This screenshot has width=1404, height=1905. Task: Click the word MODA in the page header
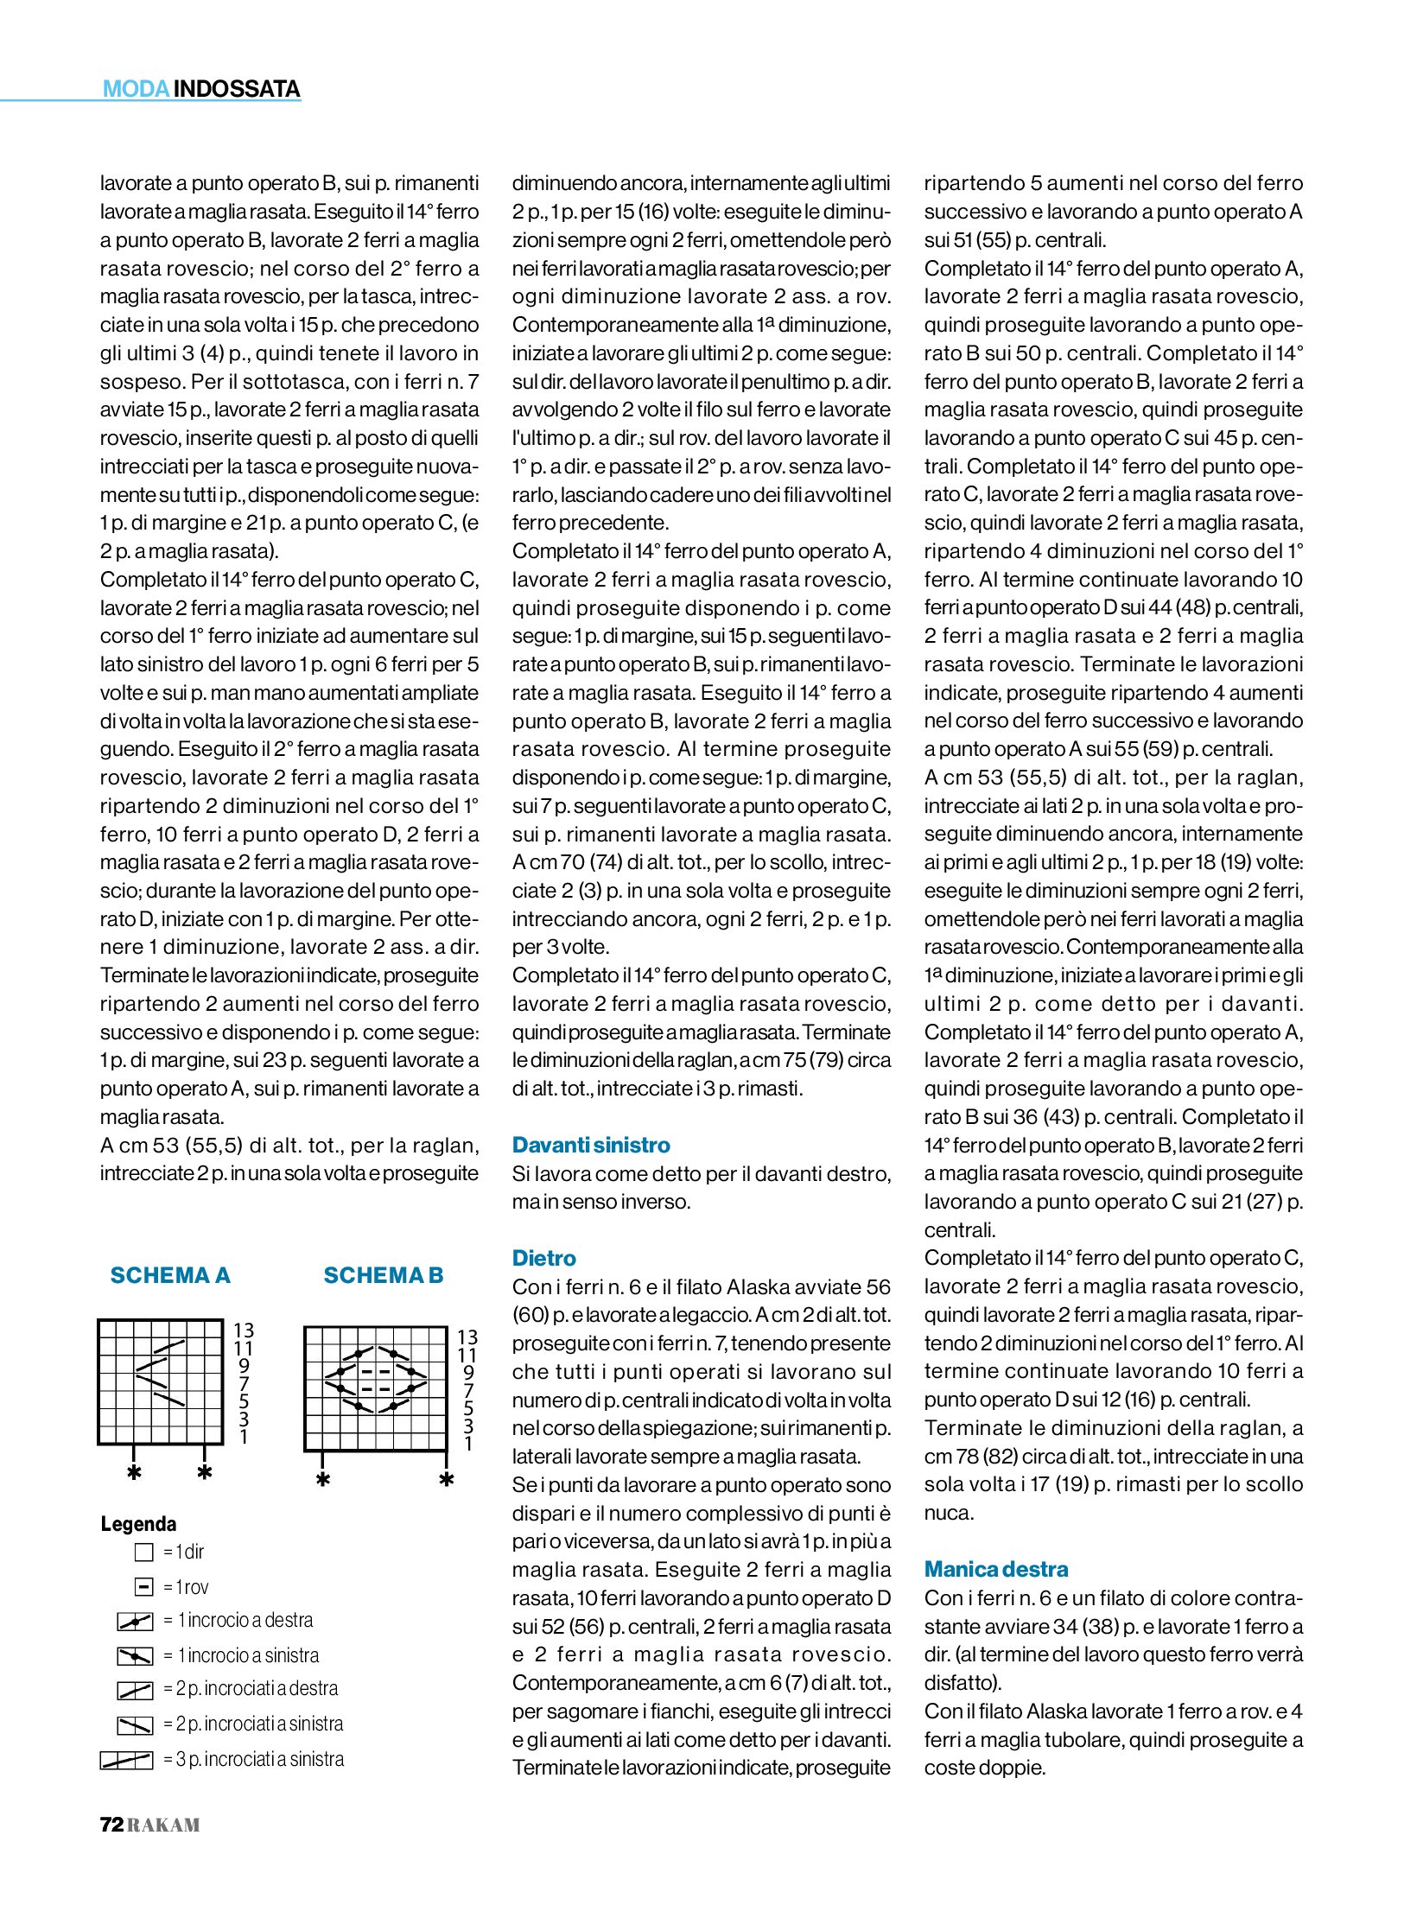click(136, 89)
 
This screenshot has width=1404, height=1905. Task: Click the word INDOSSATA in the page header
click(237, 89)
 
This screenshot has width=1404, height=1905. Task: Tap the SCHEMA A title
click(170, 1275)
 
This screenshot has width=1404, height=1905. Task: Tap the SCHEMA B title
click(383, 1275)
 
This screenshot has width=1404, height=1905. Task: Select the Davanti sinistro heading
click(591, 1145)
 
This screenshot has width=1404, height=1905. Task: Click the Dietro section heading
click(543, 1258)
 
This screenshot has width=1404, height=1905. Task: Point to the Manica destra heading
click(995, 1569)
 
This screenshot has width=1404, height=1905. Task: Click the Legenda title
click(138, 1523)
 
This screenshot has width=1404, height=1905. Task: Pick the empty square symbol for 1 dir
click(144, 1553)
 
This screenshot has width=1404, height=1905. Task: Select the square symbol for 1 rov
click(144, 1587)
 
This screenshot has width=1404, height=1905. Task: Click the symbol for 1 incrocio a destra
click(135, 1622)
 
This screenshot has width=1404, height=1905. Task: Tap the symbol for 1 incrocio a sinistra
click(135, 1656)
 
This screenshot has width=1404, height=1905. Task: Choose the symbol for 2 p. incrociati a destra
click(135, 1690)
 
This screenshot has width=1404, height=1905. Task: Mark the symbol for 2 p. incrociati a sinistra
click(135, 1724)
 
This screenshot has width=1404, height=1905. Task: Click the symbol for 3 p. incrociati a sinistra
click(126, 1760)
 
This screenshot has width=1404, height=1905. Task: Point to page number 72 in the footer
click(112, 1825)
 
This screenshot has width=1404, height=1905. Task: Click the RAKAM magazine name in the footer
click(164, 1826)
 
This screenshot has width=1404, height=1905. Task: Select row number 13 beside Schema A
click(244, 1330)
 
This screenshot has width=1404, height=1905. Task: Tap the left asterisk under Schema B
click(323, 1481)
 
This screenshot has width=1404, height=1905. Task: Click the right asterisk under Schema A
click(205, 1473)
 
